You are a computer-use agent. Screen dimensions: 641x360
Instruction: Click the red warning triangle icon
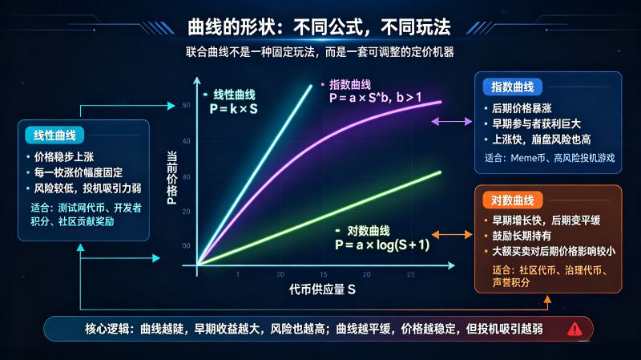(574, 329)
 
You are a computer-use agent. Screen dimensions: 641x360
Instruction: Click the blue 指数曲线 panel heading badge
(512, 87)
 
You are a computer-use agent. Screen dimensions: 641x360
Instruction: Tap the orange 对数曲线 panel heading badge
(513, 200)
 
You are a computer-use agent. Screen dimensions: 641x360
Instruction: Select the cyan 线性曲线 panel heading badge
(54, 136)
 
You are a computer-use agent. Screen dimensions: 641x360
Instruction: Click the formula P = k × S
(233, 109)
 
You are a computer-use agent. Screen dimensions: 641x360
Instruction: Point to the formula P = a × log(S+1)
(382, 245)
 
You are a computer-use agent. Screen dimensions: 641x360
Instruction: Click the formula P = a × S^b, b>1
(375, 97)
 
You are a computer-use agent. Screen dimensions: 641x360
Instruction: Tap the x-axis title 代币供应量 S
(322, 289)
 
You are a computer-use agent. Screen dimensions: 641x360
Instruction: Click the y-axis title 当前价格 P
(172, 177)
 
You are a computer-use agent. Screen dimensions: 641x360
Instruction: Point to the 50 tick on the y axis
(187, 105)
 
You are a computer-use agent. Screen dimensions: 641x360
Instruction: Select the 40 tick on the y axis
(187, 141)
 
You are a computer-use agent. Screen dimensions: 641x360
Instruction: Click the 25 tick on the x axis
(410, 274)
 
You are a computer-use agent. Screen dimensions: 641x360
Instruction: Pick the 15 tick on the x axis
(324, 274)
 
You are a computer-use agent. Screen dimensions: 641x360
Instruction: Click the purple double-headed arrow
(452, 122)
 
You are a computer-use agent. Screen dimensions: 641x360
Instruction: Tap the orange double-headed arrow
(452, 235)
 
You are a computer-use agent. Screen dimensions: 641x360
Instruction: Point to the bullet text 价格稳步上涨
(64, 157)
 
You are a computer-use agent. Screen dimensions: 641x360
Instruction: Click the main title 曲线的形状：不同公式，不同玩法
(319, 27)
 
